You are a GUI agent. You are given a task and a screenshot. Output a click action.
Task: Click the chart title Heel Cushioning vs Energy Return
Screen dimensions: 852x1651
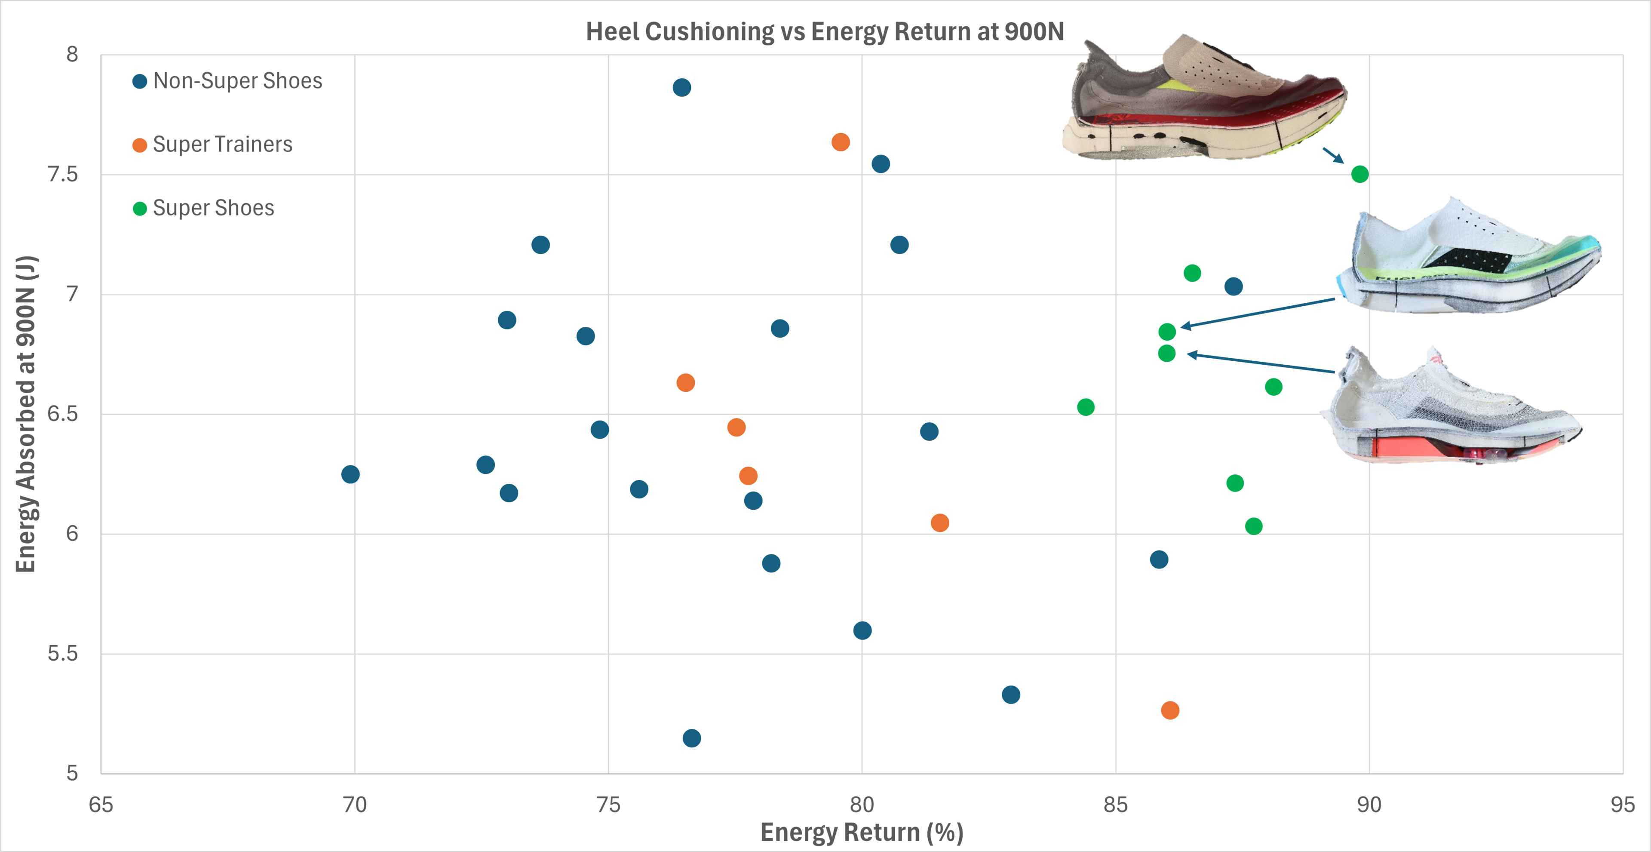[825, 31]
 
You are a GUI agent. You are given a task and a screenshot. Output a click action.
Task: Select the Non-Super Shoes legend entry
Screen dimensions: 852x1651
[227, 81]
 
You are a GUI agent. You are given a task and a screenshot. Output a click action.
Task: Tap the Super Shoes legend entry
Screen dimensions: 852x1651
[203, 208]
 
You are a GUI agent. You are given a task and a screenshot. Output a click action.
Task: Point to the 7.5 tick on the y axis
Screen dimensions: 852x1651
[63, 174]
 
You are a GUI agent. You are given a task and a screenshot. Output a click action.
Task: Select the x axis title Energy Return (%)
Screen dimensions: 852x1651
[861, 832]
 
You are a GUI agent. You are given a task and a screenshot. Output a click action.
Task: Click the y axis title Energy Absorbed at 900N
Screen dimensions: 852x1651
[26, 413]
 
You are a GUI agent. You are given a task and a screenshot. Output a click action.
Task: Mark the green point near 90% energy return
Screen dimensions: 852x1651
[1359, 174]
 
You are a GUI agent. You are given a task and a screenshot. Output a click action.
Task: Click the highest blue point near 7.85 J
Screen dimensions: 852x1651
[681, 87]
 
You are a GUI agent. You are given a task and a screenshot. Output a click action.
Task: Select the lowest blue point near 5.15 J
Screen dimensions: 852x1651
[691, 738]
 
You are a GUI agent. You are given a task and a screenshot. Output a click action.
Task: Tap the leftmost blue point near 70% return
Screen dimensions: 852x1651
[350, 474]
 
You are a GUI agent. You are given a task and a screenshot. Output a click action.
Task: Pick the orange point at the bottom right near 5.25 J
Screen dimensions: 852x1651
[1169, 710]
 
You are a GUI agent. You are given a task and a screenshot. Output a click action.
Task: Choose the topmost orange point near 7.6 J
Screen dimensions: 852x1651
[840, 141]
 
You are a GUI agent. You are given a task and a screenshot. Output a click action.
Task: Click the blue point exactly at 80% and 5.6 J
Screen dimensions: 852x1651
[862, 630]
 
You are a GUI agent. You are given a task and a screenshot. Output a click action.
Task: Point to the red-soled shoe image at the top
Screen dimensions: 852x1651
[1205, 99]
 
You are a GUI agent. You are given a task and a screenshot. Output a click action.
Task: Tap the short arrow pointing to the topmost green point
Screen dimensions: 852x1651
[1333, 155]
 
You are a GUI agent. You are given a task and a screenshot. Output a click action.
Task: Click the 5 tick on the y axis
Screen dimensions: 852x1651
[72, 773]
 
